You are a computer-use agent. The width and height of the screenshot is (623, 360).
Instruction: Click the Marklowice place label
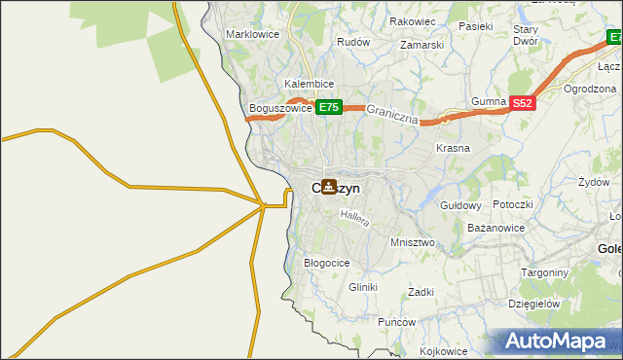[253, 34]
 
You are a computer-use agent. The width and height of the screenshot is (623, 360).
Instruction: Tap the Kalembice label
[310, 85]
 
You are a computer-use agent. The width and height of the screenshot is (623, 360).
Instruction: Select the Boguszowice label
[280, 109]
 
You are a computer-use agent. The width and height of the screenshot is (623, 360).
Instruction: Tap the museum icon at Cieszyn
[330, 187]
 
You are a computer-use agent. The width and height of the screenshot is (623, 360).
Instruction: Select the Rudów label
[352, 43]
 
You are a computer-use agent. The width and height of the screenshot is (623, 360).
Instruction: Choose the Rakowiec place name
[411, 20]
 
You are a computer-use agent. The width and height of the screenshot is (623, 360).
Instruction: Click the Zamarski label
[421, 45]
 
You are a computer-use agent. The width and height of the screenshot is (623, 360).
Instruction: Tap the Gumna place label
[489, 102]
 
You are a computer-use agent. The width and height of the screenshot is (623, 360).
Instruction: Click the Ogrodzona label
[592, 89]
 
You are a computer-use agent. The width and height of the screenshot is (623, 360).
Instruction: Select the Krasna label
[453, 149]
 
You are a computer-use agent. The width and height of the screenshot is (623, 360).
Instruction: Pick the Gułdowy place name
[461, 206]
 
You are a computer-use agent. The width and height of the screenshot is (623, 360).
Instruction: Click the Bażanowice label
[496, 228]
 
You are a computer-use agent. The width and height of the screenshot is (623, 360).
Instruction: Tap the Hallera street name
[354, 220]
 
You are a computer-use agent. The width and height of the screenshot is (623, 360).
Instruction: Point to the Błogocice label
[327, 263]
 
